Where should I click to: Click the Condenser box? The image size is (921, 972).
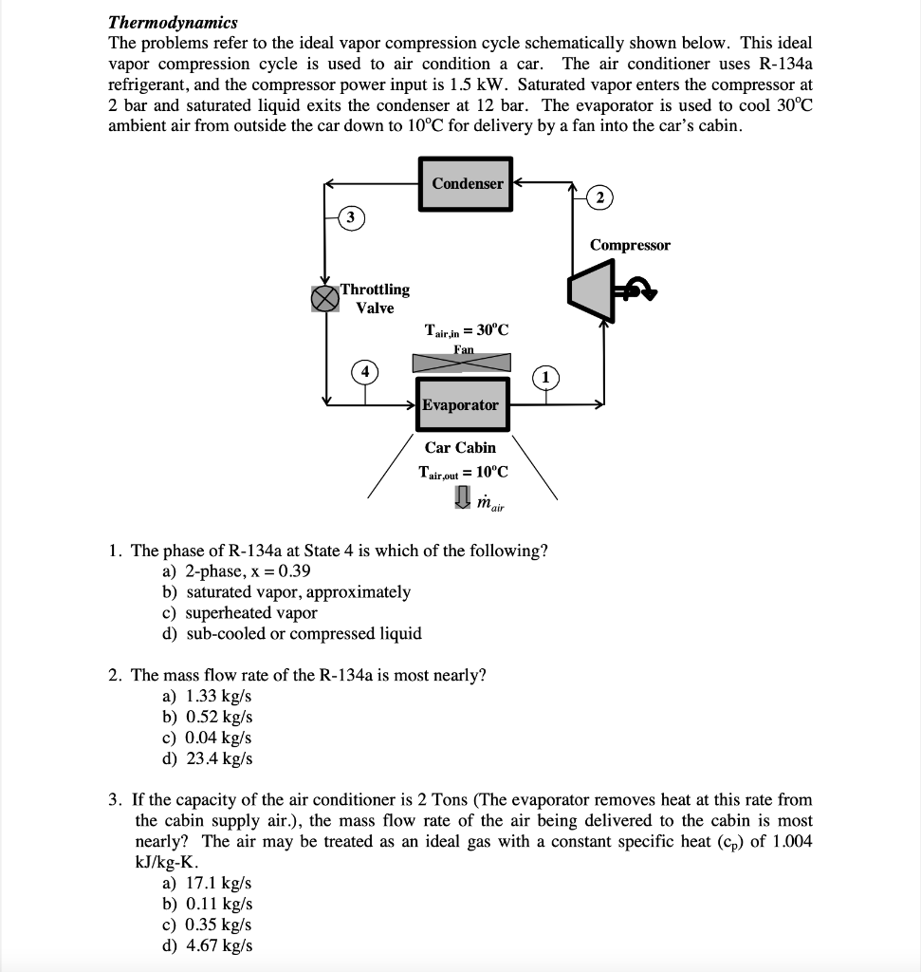[466, 183]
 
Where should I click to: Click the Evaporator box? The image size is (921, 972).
[460, 405]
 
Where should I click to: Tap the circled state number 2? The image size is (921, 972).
[599, 197]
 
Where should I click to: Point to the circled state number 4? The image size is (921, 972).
[362, 372]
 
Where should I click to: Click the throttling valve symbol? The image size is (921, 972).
[325, 298]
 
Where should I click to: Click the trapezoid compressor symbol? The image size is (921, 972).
[587, 288]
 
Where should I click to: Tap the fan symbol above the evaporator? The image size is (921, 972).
[461, 362]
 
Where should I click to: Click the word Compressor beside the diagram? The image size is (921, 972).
[630, 245]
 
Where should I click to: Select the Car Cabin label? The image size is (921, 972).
[460, 447]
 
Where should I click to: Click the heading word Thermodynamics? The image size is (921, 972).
[173, 22]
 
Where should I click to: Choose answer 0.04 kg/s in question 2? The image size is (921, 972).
[218, 738]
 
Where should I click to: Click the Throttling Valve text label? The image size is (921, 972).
[375, 298]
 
